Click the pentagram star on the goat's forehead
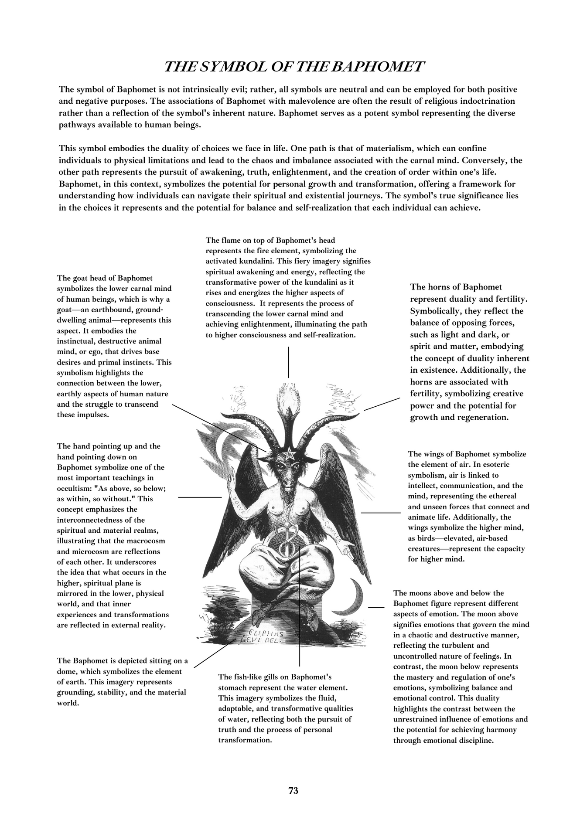pyautogui.click(x=288, y=455)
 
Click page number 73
pyautogui.click(x=293, y=791)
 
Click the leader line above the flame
pyautogui.click(x=288, y=362)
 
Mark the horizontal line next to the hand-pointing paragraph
pyautogui.click(x=200, y=497)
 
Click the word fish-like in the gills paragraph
pyautogui.click(x=274, y=677)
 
